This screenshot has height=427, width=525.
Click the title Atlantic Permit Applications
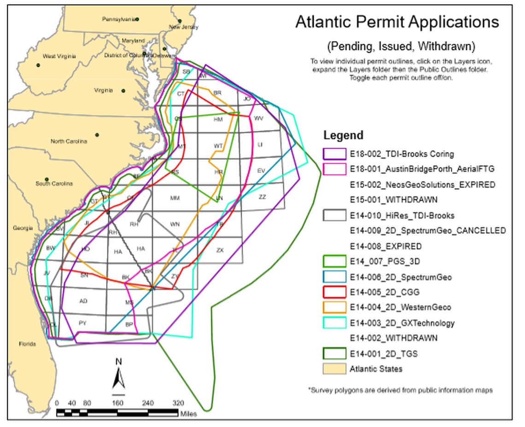(x=397, y=22)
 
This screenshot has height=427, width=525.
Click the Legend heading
(x=343, y=135)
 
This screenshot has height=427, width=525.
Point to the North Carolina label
(x=69, y=142)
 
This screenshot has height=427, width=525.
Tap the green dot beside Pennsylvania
(x=137, y=19)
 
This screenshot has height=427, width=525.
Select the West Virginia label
(x=59, y=56)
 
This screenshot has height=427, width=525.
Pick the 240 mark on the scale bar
(x=148, y=403)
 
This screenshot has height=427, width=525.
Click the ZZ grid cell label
(x=262, y=197)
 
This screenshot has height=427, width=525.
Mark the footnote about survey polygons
(x=400, y=390)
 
